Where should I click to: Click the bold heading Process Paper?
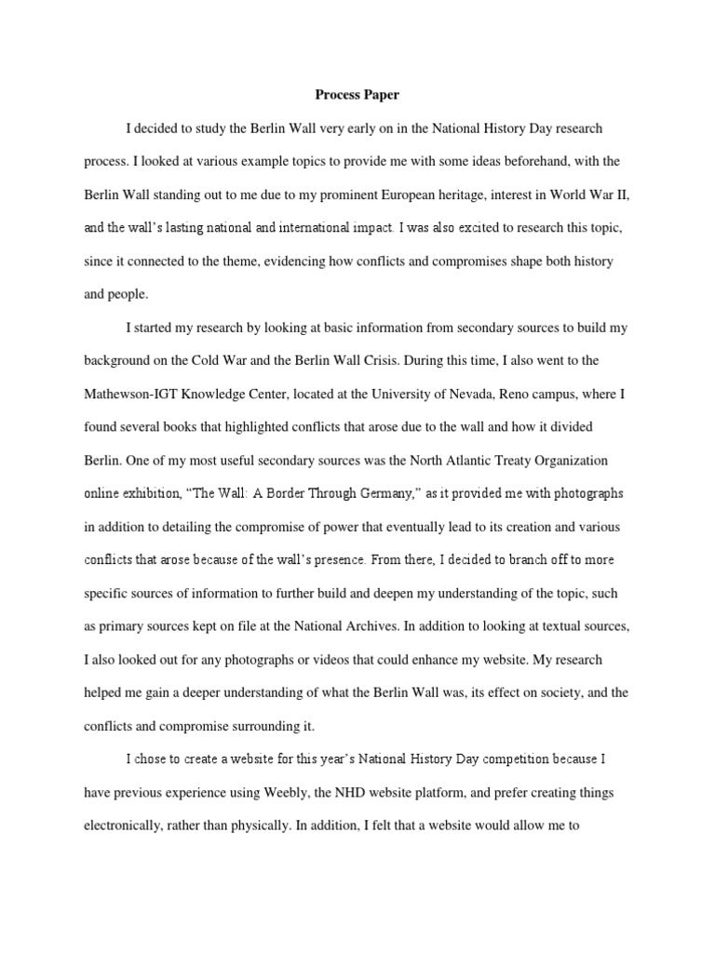click(x=357, y=94)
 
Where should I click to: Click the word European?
click(x=430, y=194)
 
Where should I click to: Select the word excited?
click(x=479, y=227)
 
